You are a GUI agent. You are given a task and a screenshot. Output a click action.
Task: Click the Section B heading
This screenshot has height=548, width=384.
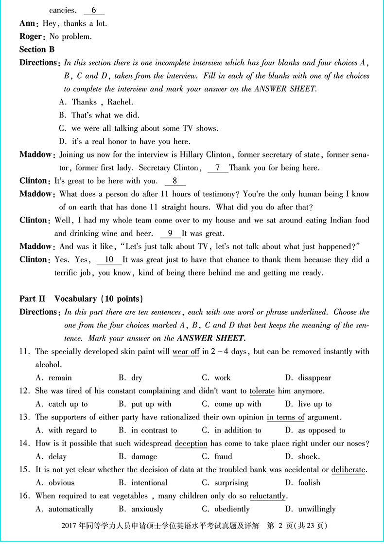(37, 50)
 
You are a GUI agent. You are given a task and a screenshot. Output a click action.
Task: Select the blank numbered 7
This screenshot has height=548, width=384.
(218, 168)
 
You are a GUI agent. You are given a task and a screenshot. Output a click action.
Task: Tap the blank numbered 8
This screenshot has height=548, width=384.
(175, 181)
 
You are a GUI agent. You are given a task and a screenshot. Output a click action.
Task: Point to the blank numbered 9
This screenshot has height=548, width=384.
(170, 234)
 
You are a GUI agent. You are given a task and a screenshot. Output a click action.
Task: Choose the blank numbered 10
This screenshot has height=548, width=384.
(109, 260)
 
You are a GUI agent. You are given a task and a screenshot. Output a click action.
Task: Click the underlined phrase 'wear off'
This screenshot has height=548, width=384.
(186, 352)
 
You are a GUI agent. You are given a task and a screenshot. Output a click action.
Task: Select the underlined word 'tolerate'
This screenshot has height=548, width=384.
(262, 391)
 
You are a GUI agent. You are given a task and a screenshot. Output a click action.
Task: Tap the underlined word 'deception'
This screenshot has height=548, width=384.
(191, 444)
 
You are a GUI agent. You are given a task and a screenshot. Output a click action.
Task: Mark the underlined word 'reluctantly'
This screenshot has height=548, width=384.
(267, 496)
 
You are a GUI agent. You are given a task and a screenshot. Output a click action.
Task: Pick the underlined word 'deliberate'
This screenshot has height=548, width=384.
(348, 470)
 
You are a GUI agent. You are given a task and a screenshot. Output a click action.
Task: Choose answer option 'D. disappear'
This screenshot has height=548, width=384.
(308, 378)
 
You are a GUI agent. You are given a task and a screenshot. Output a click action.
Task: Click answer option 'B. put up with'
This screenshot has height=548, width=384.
(145, 404)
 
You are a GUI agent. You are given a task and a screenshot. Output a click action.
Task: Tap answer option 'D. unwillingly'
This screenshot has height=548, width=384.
(310, 509)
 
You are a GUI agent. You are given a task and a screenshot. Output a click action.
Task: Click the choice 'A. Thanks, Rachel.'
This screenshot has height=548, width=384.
(96, 102)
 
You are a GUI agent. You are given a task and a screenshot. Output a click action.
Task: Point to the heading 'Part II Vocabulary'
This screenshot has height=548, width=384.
(81, 299)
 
